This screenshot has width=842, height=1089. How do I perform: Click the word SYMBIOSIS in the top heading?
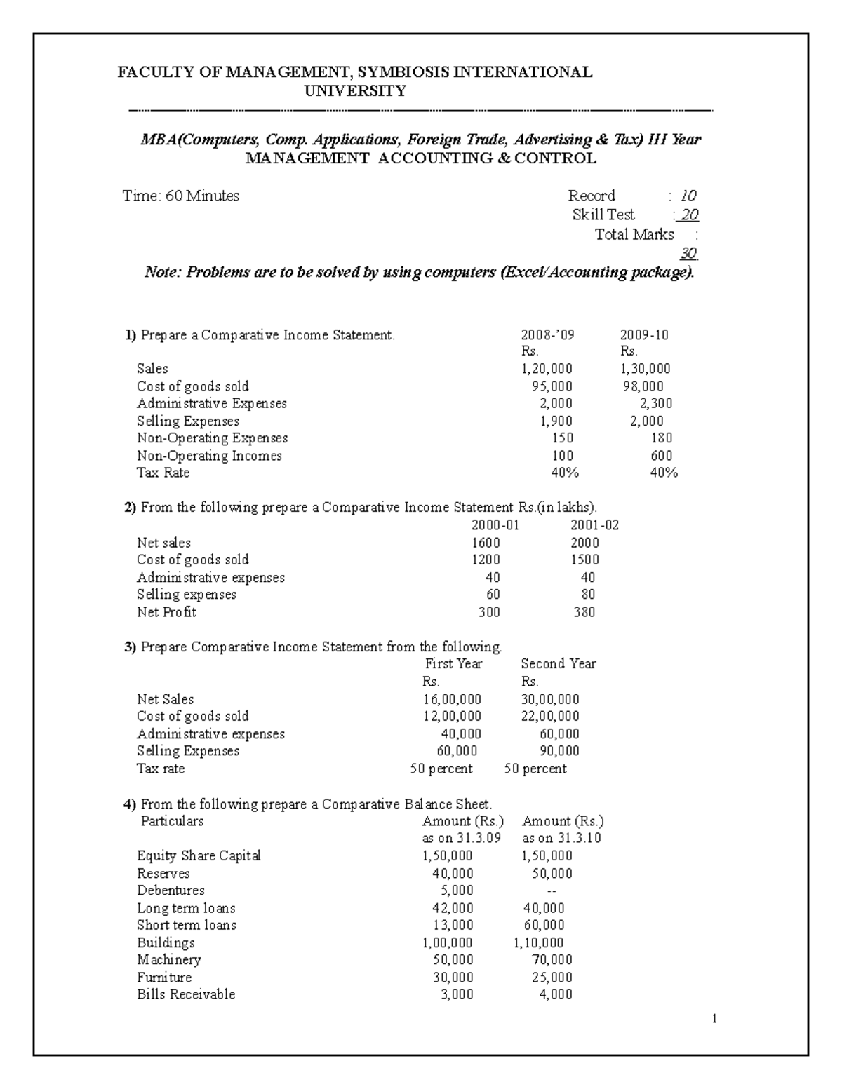pos(403,72)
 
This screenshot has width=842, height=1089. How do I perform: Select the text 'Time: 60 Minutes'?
pos(180,196)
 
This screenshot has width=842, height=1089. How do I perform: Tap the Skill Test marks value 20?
pos(690,215)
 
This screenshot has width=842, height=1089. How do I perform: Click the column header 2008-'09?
pos(547,335)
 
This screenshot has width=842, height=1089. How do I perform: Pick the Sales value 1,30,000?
pos(646,369)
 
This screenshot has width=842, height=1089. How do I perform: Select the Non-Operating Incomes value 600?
pos(662,456)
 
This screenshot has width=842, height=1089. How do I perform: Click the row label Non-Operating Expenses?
pos(212,438)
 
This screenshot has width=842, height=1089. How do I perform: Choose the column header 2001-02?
pos(595,525)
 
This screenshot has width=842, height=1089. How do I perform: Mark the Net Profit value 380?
pos(584,612)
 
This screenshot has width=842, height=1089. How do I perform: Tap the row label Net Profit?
pos(166,612)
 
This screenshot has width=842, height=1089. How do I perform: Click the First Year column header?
pos(453,664)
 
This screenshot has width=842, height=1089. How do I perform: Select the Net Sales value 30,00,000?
pos(550,699)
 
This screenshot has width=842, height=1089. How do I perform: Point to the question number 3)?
pos(130,647)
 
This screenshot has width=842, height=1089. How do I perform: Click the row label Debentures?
pos(171,891)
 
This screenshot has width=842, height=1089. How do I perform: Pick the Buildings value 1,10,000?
pos(538,943)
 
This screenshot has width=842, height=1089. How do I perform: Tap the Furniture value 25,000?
pos(552,978)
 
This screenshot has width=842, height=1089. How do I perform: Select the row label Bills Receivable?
pos(186,994)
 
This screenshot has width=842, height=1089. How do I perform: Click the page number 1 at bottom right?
pos(714,1020)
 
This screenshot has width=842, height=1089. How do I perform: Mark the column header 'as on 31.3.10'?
pos(561,839)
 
